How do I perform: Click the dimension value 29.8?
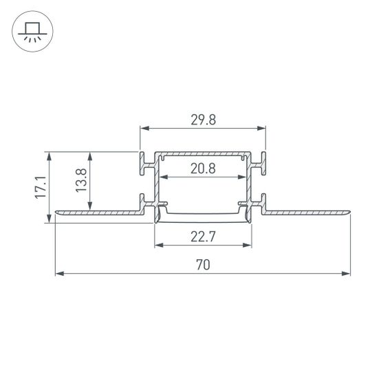[203, 119]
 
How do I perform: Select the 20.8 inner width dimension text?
[203, 168]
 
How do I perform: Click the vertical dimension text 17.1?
[41, 187]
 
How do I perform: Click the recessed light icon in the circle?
[31, 31]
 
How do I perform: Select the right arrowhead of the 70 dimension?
[347, 274]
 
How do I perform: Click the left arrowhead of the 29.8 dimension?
[144, 128]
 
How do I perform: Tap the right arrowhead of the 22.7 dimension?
[248, 246]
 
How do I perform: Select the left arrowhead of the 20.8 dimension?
[163, 177]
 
